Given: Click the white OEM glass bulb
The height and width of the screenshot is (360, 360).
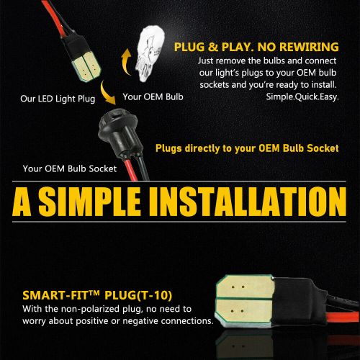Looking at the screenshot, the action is click(150, 54).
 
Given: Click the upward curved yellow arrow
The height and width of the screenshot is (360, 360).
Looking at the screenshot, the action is click(126, 62).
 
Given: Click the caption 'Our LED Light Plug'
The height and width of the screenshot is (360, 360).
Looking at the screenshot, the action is click(58, 99).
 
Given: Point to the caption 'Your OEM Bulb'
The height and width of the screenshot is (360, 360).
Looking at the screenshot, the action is click(153, 96).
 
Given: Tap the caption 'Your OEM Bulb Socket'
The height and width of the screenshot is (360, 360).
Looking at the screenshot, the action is click(70, 168).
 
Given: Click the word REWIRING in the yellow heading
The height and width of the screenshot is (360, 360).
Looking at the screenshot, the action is click(309, 47).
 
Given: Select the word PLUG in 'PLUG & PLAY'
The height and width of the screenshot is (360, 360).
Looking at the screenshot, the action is click(189, 47).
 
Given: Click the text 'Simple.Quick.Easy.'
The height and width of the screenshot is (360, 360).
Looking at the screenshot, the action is click(302, 97).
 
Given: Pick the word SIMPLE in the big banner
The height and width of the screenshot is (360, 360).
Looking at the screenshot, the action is click(89, 202).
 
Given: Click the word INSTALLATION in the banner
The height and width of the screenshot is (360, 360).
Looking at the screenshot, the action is click(248, 202).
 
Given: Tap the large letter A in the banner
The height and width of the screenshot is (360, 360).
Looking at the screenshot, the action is click(22, 202).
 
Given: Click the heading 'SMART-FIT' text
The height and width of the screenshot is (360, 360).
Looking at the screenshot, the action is click(61, 295).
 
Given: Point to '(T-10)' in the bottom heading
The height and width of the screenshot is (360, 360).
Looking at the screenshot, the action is click(154, 295).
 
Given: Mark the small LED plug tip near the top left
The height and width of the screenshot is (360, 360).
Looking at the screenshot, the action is click(86, 66).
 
